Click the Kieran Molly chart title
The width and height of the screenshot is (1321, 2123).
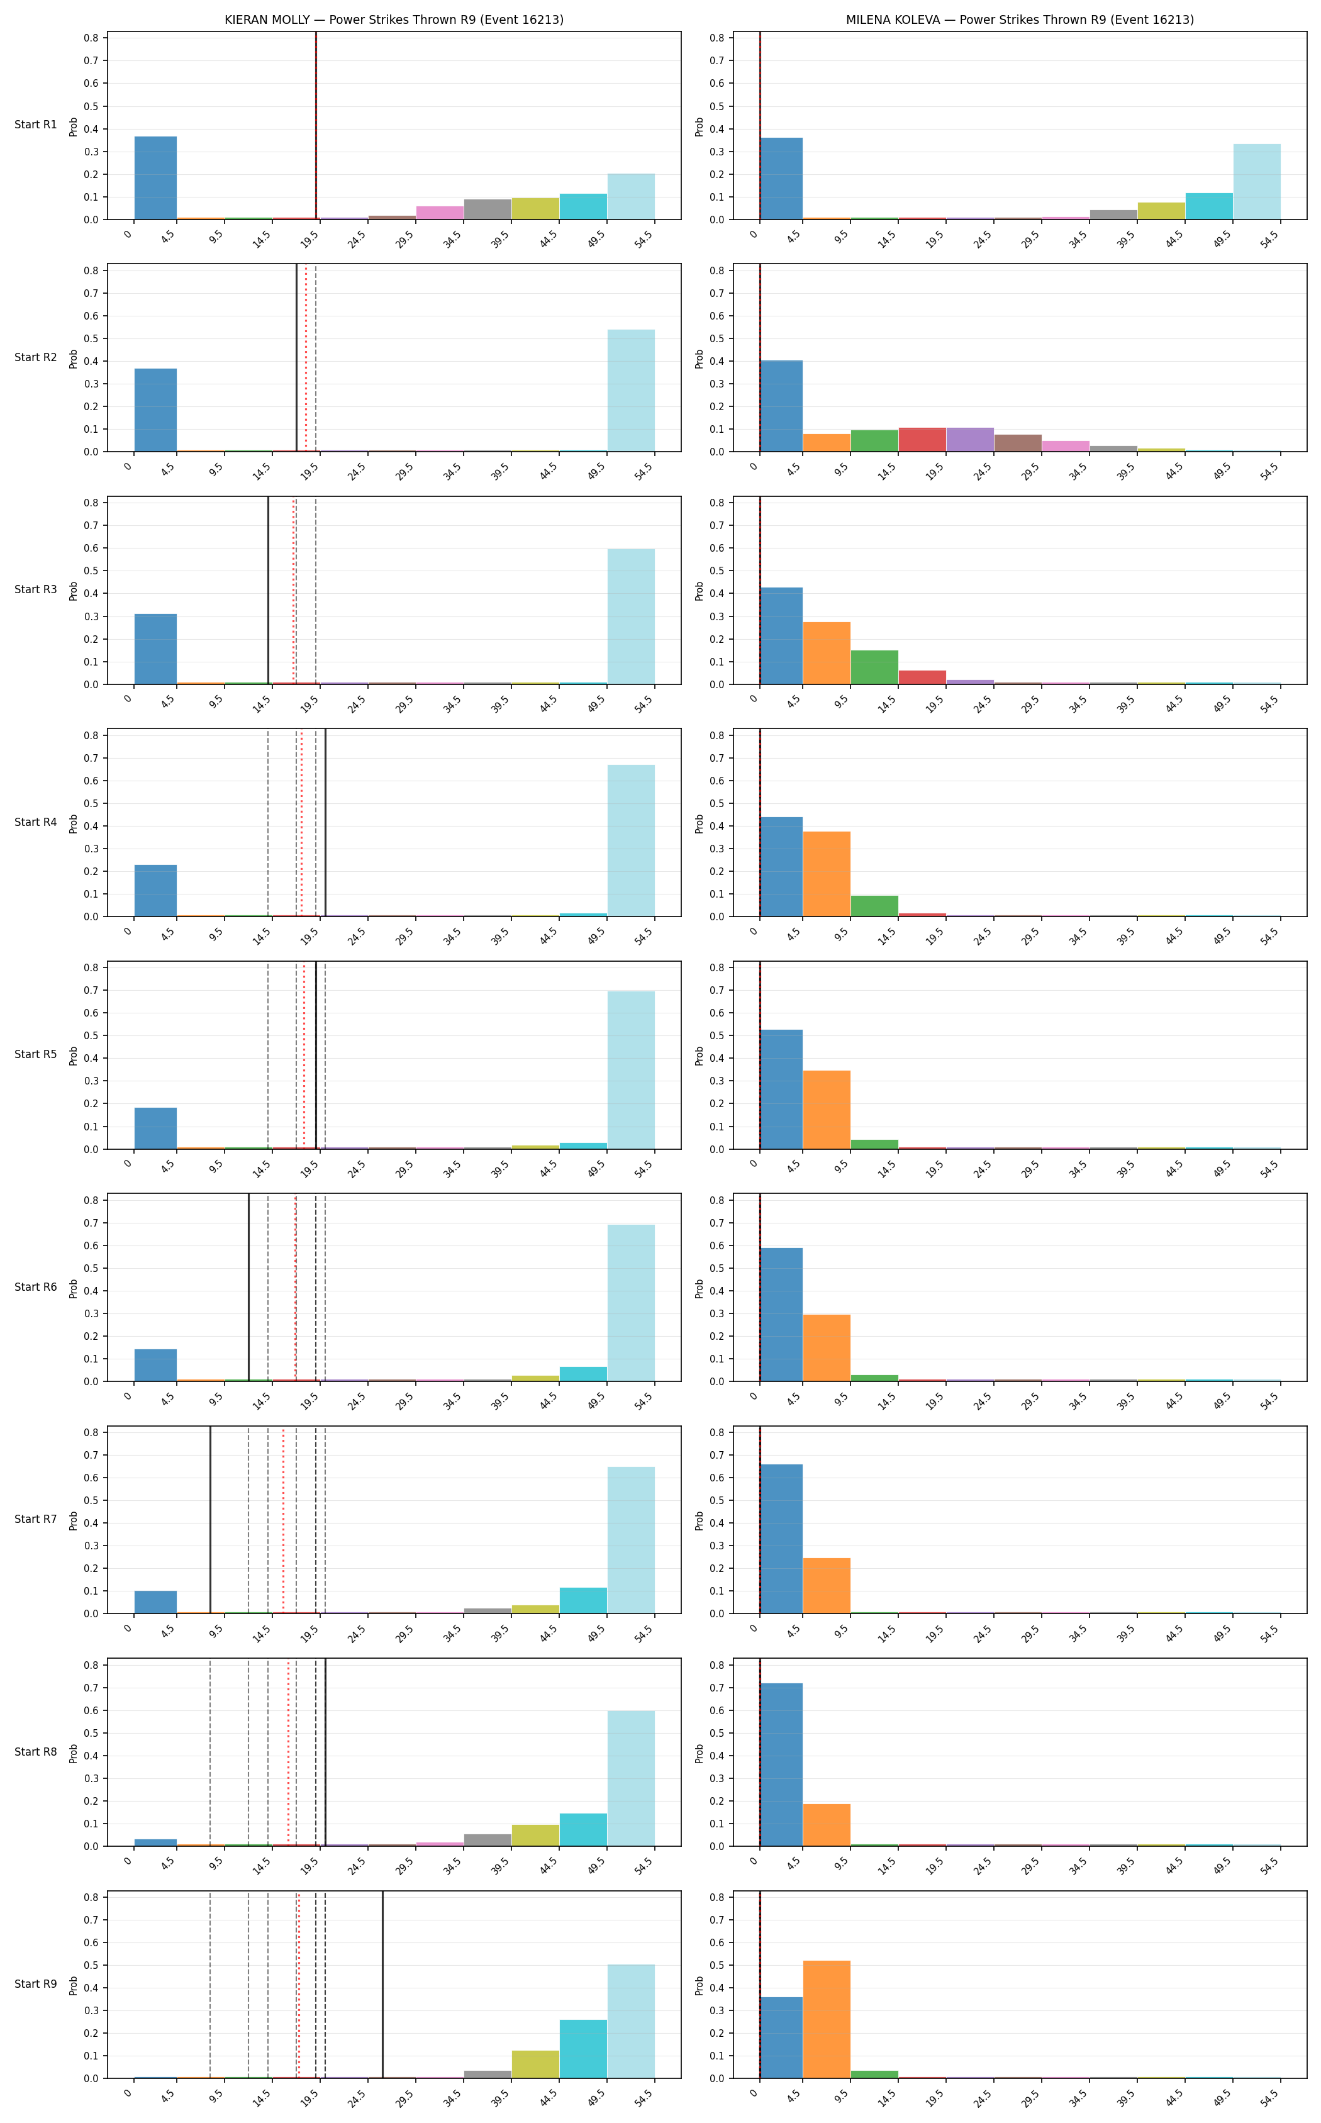394,20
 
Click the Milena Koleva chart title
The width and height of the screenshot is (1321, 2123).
1020,20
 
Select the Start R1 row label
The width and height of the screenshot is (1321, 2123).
36,125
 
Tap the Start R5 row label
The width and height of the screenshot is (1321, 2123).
36,1054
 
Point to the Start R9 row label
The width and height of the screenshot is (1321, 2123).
36,1984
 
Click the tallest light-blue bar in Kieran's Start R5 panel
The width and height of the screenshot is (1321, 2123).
631,1070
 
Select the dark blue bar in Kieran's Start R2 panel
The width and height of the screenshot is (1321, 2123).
155,410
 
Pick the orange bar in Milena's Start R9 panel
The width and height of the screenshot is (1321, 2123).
827,2019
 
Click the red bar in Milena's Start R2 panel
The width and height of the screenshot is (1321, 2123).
922,440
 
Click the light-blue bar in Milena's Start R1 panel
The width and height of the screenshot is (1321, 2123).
1256,182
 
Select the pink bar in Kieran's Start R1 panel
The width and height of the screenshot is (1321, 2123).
440,213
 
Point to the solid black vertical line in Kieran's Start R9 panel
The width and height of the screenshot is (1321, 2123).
382,1984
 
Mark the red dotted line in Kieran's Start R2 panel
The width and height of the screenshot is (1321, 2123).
306,358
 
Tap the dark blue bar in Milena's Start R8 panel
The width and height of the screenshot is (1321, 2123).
781,1765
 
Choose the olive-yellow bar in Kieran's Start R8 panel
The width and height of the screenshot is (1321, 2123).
535,1835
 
